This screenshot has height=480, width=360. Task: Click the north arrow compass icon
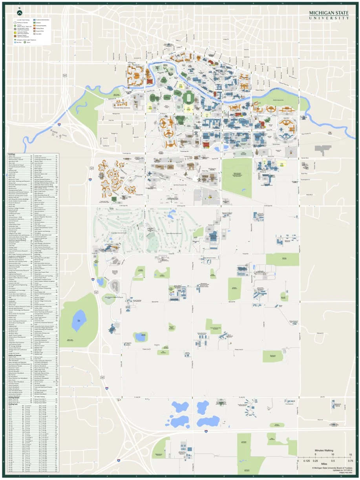(19, 11)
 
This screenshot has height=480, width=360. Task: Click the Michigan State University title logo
(329, 15)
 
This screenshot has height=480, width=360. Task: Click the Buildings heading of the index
(12, 154)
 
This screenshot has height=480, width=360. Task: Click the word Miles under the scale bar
(323, 464)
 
